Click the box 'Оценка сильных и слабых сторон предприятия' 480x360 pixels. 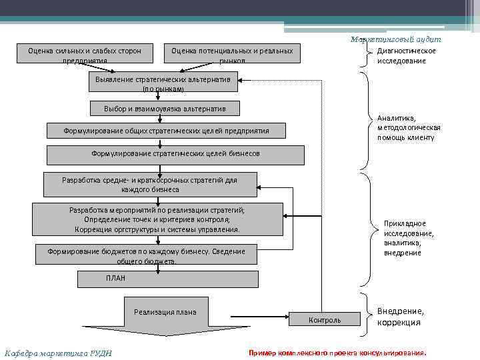85,55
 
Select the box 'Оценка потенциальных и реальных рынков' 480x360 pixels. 232,55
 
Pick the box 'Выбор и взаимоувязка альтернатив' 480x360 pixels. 165,108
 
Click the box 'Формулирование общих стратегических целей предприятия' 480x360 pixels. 166,131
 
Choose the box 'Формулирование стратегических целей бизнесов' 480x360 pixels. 175,154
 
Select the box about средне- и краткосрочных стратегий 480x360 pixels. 150,185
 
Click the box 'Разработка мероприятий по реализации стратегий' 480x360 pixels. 157,219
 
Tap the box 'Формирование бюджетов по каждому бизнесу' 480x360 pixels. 147,256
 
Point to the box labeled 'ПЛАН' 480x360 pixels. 167,278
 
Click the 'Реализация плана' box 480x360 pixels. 165,312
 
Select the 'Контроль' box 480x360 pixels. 325,320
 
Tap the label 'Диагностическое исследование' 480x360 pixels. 406,56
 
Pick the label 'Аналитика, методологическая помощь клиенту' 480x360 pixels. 409,127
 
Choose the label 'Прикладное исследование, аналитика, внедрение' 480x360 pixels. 409,238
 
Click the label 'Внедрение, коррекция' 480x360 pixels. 400,317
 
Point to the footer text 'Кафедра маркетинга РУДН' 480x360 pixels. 58,353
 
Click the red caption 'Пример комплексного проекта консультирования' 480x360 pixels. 337,352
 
